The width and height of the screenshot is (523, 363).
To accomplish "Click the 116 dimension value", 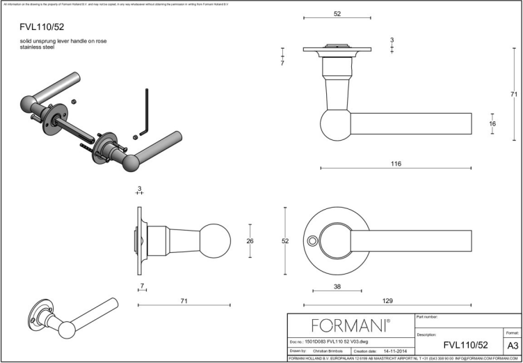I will tap(396, 163).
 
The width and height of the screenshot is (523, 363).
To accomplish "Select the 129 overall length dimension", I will tap(387, 300).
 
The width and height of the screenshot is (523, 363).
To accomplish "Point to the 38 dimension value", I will tap(337, 286).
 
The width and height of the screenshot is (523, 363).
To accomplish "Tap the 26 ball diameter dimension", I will tap(250, 241).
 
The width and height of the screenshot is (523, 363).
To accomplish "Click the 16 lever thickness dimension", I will tap(492, 123).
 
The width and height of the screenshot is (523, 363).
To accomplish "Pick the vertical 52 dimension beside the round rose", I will tap(285, 241).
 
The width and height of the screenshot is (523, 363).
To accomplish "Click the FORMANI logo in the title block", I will tap(350, 325).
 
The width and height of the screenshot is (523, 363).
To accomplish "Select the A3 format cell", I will tap(512, 345).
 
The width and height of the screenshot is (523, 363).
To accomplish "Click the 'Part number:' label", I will tap(426, 317).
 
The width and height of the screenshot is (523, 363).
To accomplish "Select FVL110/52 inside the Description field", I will tap(465, 345).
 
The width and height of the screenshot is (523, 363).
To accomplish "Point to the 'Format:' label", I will tap(511, 334).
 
